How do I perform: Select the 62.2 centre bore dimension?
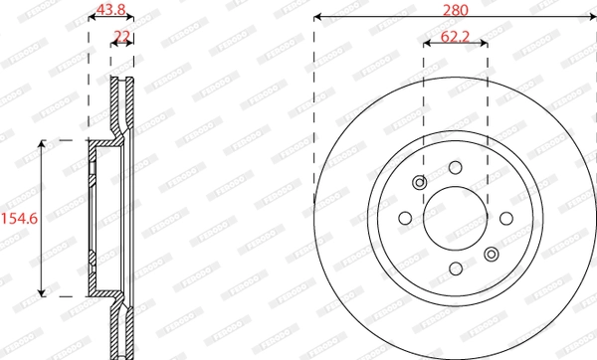point(455,37)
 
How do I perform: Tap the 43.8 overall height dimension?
point(110,10)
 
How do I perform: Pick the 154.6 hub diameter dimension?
point(19,218)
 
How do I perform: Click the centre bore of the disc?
point(455,218)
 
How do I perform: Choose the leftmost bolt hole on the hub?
point(405,218)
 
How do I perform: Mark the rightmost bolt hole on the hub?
point(504,218)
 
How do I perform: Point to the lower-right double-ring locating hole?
point(491,255)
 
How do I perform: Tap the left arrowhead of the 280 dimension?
point(317,18)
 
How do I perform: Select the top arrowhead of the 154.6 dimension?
point(42,144)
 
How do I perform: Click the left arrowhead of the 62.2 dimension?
point(427,46)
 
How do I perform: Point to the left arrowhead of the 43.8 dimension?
point(92,20)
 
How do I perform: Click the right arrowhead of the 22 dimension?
point(131,45)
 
